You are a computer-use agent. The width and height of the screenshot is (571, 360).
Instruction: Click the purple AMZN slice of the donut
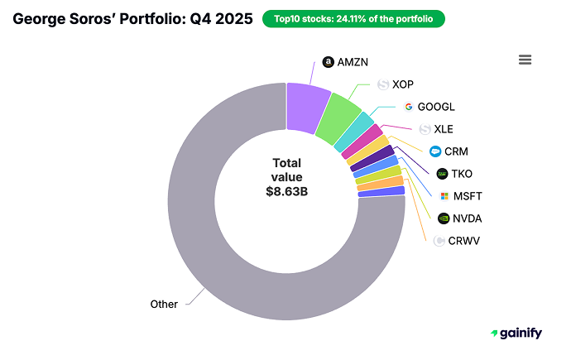coord(308,107)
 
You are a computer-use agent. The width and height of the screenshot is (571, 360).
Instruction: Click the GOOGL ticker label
coord(435,106)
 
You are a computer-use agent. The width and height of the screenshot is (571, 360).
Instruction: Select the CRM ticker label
coord(456,151)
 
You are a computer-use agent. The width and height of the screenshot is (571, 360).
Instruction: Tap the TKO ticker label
coord(462,174)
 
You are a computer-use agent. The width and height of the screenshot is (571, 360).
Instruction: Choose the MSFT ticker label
coord(467,196)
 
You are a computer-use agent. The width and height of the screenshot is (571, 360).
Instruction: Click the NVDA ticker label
coord(467,218)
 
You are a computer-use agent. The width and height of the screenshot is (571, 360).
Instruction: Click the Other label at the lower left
coord(164,304)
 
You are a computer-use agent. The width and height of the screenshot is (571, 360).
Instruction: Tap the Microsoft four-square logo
coord(444,196)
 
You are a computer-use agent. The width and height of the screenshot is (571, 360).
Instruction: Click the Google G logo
coord(408,106)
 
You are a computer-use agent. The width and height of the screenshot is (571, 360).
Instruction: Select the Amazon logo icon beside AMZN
coord(328,62)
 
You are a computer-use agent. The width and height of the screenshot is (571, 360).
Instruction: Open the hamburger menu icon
coord(525,60)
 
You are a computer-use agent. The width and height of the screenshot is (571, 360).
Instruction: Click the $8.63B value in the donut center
coord(286,190)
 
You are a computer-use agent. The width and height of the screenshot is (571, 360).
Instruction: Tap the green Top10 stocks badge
coord(353,18)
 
